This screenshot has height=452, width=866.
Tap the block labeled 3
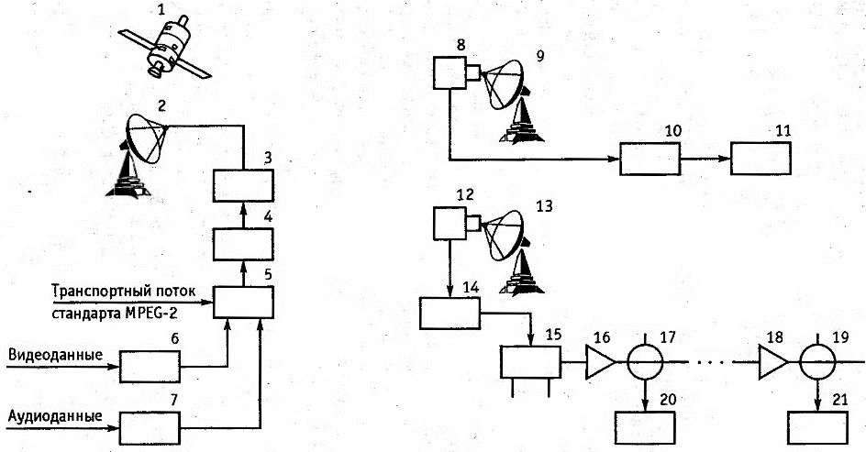[x=242, y=187]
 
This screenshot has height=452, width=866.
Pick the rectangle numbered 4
[x=242, y=245]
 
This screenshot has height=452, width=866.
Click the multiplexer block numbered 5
[x=242, y=301]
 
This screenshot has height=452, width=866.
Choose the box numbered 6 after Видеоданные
[x=151, y=369]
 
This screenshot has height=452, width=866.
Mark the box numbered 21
[x=818, y=428]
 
